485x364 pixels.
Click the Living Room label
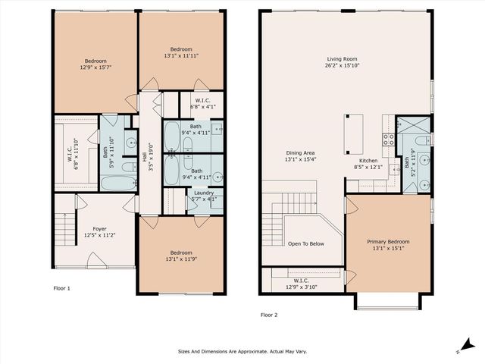pos(342,58)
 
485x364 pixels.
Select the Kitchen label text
pos(368,160)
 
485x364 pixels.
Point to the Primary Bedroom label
pos(388,241)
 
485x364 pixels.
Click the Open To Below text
pos(306,243)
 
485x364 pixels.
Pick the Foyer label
pos(99,228)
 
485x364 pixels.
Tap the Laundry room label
pos(203,193)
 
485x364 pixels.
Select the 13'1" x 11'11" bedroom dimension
pos(181,55)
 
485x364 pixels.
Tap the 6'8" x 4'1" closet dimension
pos(202,107)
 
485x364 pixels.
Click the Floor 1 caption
pos(61,288)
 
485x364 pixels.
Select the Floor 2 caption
pos(270,314)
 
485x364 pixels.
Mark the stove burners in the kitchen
pos(387,139)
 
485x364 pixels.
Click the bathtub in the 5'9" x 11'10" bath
pos(117,183)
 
